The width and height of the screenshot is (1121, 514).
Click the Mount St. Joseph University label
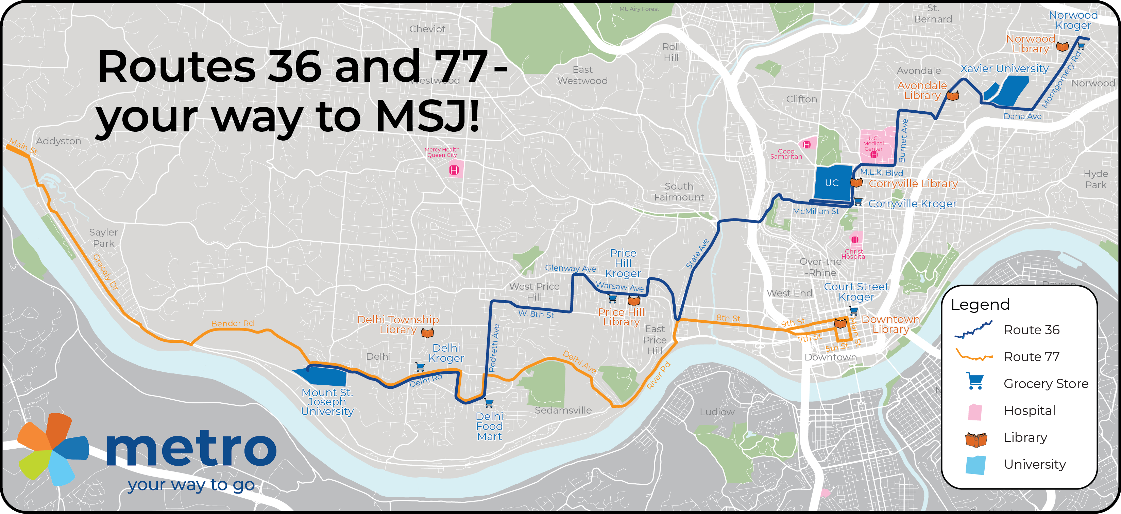coord(327,402)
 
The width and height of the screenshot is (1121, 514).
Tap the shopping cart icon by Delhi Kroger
coord(420,367)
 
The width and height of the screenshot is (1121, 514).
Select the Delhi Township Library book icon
coord(427,333)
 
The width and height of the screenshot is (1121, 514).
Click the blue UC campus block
coord(832,183)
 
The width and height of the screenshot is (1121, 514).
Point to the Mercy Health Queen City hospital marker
coord(454,170)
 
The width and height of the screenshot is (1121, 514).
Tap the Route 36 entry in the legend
coord(1031,330)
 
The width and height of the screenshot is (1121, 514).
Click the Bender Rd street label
coord(232,323)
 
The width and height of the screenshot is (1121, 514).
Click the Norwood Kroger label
coord(1073,20)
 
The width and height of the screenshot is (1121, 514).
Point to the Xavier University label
coord(1004,68)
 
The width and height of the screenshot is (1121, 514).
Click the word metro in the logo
coord(191,449)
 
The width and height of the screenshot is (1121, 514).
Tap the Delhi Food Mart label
coord(489,426)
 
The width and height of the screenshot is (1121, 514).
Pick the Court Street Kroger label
coord(856,292)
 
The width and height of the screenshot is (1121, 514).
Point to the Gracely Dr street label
coord(105,272)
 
